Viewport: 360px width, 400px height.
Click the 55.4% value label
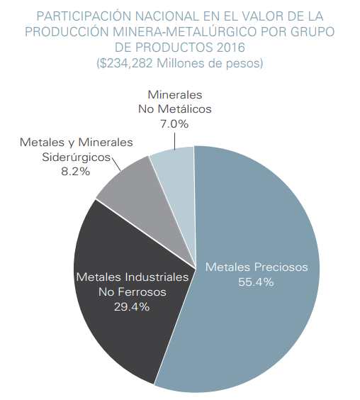tap(257, 282)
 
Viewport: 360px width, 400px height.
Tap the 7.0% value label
tap(174, 124)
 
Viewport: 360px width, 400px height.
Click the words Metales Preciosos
tap(257, 267)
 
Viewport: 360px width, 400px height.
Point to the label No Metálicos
tap(174, 109)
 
